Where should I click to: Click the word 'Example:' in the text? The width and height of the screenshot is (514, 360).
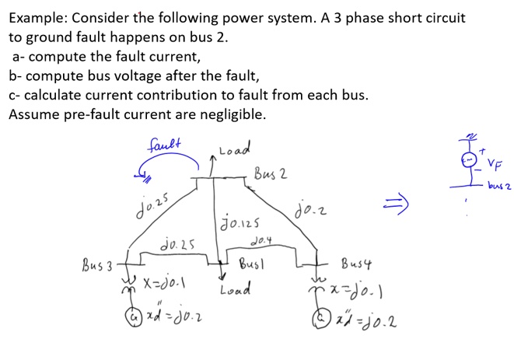[x=38, y=18]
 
